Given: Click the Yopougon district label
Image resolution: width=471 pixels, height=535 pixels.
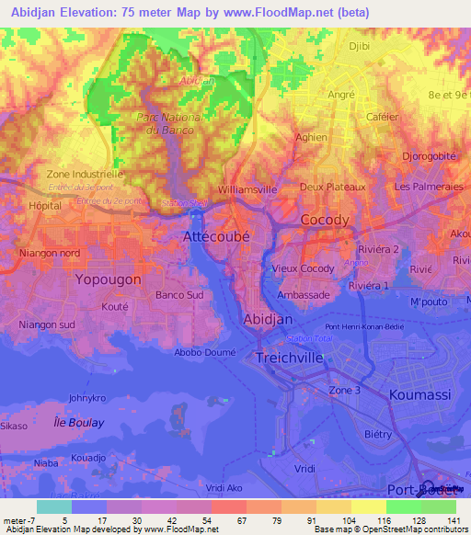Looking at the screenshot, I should coord(109,279).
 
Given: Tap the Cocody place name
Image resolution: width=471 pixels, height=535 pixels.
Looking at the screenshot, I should coord(326,220).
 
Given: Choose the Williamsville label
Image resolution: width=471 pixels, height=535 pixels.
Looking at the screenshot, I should coord(247,189).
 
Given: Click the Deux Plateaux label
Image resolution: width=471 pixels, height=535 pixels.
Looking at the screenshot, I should coord(333,187).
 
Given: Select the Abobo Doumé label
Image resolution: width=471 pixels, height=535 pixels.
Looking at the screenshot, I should coord(205,351).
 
